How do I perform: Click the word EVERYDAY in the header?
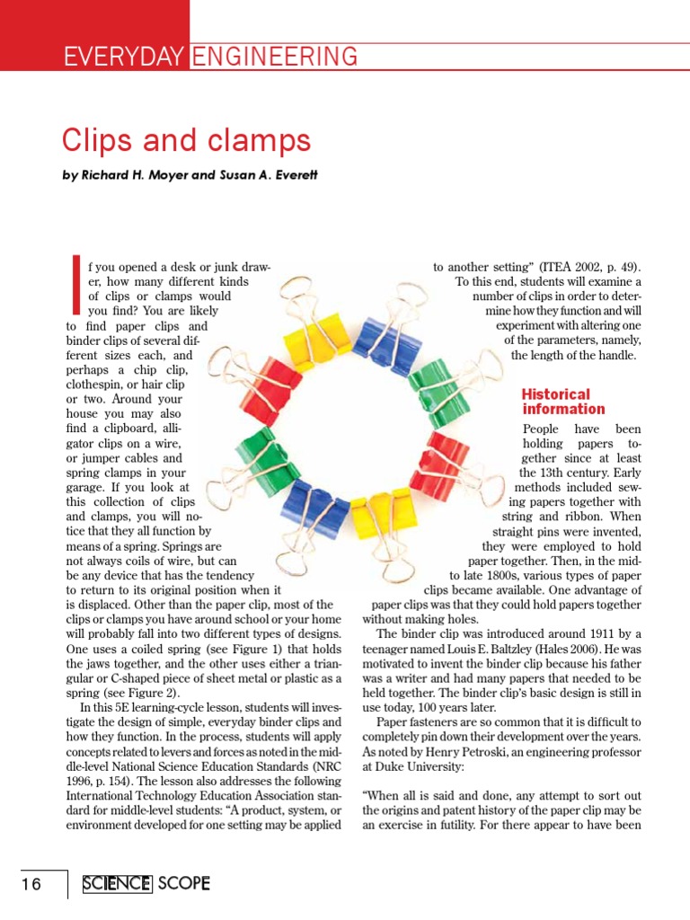click(x=125, y=57)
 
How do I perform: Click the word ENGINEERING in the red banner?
click(x=275, y=57)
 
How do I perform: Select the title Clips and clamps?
click(x=186, y=141)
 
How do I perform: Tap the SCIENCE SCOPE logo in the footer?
click(x=146, y=884)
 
